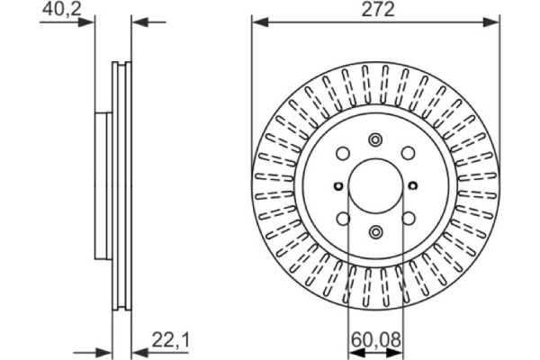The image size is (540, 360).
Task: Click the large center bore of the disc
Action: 374,186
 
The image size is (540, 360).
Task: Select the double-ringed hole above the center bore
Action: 374,140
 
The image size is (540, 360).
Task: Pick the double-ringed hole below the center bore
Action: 374,233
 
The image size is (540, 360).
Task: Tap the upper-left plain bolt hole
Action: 342,154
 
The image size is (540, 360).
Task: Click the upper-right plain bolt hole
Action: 407,154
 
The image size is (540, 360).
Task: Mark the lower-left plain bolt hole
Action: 342,219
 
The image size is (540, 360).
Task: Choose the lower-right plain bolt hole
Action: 407,219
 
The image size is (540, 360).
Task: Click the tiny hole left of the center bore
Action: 336,186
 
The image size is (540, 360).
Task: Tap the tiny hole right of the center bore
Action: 413,186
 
